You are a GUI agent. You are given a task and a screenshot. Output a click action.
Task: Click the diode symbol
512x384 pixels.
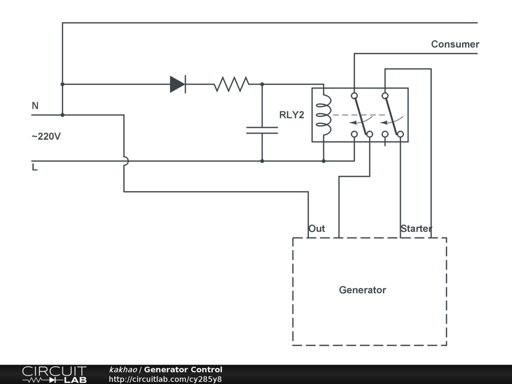click(x=177, y=84)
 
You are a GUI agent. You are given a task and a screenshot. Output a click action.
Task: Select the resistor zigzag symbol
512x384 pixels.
click(x=231, y=84)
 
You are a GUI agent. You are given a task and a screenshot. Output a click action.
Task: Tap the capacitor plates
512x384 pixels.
click(x=262, y=130)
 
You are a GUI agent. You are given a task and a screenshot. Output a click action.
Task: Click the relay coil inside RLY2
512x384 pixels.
click(x=324, y=115)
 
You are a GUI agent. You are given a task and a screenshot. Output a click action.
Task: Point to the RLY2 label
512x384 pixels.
click(x=291, y=115)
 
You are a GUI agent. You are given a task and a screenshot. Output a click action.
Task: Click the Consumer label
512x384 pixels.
click(x=455, y=44)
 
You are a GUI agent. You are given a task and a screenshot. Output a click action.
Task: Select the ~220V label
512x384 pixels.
click(x=46, y=136)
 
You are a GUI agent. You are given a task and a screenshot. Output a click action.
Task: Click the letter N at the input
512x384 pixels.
click(x=35, y=106)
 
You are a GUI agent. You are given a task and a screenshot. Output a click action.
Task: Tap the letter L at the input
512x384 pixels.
click(x=34, y=167)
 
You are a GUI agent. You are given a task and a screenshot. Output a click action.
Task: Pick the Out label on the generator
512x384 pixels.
click(x=316, y=228)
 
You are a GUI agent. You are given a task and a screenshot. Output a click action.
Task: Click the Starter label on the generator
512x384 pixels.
click(x=416, y=228)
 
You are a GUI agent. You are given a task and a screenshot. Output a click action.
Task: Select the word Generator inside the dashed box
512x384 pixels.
click(x=362, y=290)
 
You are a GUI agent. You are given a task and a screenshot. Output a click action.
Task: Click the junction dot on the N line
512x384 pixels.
click(x=62, y=115)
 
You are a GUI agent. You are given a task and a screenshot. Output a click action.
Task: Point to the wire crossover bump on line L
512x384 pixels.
click(x=125, y=161)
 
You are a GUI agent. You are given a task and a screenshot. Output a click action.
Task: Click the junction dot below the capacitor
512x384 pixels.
click(x=262, y=161)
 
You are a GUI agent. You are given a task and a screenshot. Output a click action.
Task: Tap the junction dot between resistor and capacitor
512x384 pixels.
click(x=262, y=84)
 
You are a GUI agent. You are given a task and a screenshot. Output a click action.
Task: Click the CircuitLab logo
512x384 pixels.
click(x=54, y=374)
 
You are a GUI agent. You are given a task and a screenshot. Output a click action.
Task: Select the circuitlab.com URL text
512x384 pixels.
click(x=165, y=379)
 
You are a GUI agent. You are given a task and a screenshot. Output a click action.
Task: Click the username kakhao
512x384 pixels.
click(x=122, y=369)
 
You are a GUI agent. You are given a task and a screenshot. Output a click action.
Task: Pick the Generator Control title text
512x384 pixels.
click(x=183, y=369)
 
